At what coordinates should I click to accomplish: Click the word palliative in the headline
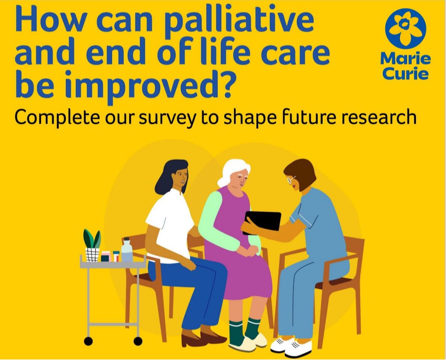click(239, 22)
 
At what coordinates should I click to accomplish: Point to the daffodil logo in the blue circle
click(406, 28)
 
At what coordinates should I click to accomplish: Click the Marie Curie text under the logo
click(406, 66)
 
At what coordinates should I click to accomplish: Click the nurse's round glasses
click(291, 180)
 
